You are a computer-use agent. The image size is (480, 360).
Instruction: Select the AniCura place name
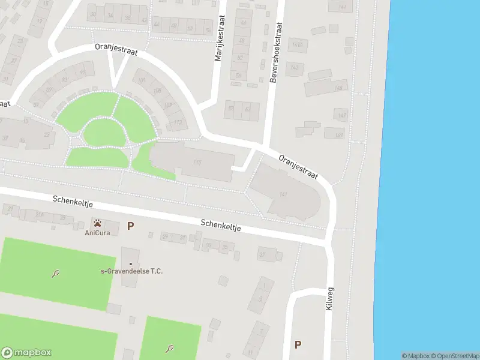96,232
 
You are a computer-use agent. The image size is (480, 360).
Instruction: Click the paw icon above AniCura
97,223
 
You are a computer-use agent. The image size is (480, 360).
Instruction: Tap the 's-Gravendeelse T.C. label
131,271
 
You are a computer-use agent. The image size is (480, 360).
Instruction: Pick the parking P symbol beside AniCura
130,226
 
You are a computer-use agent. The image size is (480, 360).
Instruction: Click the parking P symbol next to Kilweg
298,344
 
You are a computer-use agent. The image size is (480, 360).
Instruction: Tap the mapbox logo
26,353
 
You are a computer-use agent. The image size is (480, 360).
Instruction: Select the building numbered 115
196,162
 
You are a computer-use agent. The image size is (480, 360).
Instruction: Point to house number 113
178,122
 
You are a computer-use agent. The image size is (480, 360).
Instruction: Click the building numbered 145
339,88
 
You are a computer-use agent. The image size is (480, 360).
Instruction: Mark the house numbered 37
262,254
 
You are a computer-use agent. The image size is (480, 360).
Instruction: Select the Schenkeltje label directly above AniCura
71,203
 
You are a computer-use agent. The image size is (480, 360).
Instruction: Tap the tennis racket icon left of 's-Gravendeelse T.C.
55,274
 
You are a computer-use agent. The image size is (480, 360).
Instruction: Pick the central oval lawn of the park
106,132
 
